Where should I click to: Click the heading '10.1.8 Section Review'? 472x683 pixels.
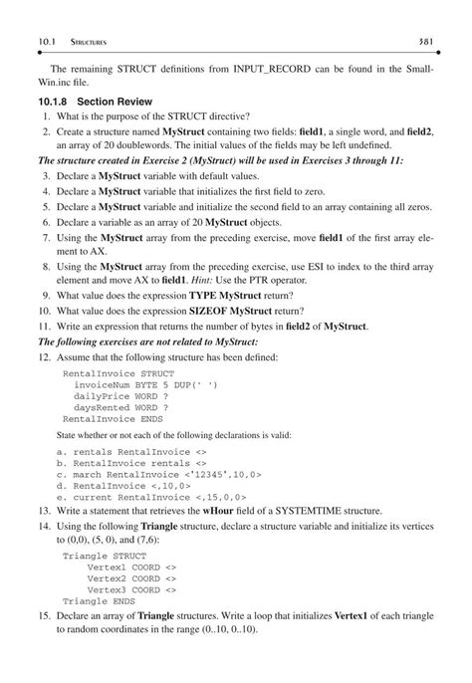point(101,102)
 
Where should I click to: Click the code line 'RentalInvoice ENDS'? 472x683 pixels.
point(113,419)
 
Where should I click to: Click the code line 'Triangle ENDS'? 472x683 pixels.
point(98,600)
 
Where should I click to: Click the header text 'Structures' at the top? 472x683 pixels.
point(88,42)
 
